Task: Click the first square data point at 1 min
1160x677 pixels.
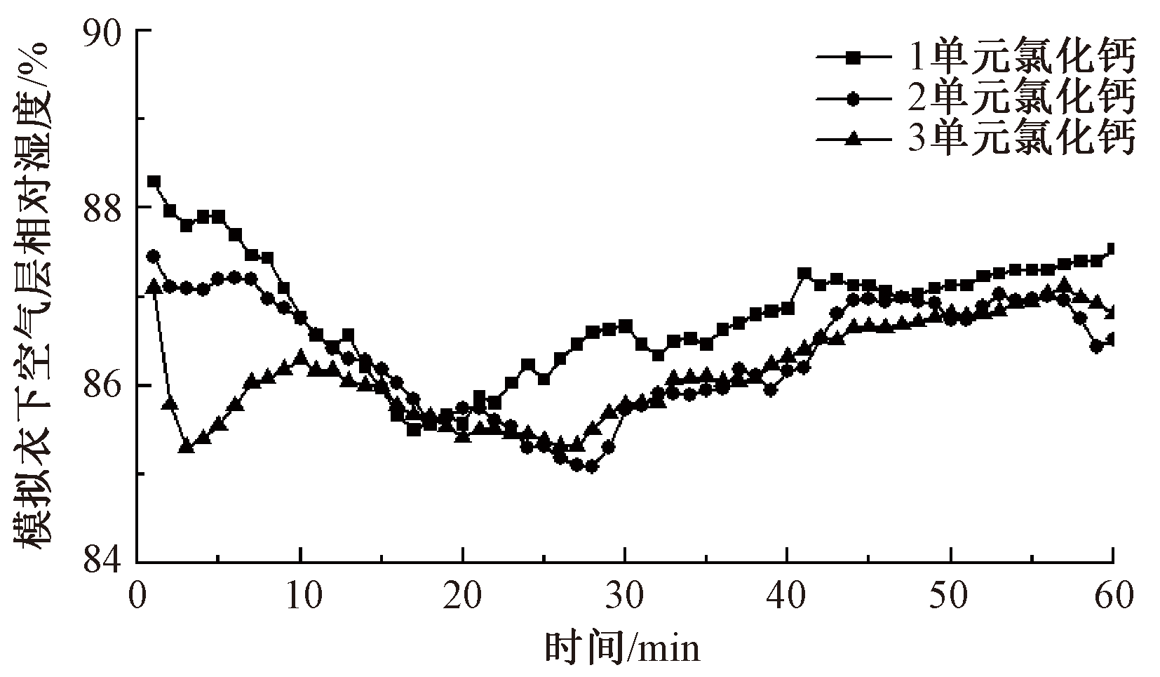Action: (x=154, y=181)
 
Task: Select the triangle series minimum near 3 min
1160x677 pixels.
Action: (x=186, y=445)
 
